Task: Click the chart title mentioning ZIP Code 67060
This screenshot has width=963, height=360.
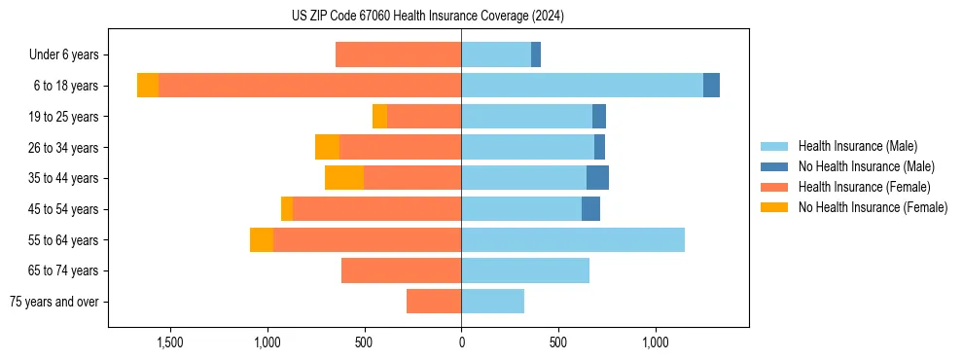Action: pyautogui.click(x=428, y=17)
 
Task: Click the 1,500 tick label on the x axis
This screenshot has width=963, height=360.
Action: pyautogui.click(x=170, y=342)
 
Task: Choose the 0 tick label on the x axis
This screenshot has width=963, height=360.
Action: pyautogui.click(x=461, y=342)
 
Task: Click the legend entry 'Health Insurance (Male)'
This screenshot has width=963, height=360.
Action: pyautogui.click(x=857, y=146)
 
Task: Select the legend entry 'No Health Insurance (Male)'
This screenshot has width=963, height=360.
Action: pyautogui.click(x=866, y=166)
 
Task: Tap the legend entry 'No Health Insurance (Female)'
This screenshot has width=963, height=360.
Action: pyautogui.click(x=873, y=207)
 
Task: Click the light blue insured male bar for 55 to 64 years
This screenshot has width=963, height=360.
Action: pyautogui.click(x=573, y=239)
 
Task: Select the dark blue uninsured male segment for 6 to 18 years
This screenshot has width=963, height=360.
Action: pyautogui.click(x=711, y=86)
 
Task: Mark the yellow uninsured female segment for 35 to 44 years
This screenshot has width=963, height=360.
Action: pyautogui.click(x=344, y=178)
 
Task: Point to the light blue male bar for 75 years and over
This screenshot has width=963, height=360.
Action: pyautogui.click(x=492, y=302)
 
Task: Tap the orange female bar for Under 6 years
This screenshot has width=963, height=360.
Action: pyautogui.click(x=398, y=54)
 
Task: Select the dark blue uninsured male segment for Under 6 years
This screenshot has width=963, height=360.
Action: pyautogui.click(x=536, y=54)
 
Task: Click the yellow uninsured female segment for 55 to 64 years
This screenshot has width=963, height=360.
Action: pyautogui.click(x=262, y=239)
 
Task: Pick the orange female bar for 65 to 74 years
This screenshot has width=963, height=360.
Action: pyautogui.click(x=401, y=270)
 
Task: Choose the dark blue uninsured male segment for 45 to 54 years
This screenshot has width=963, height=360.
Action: pyautogui.click(x=590, y=209)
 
